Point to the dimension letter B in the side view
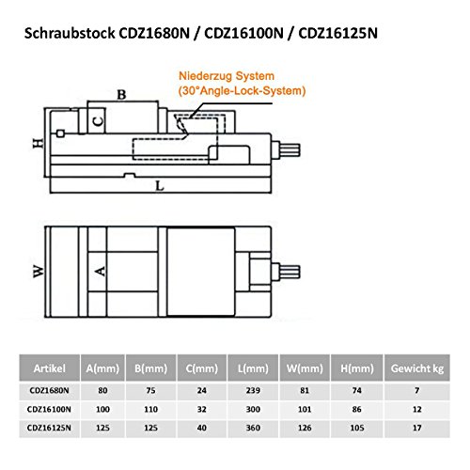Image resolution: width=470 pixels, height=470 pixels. [x=121, y=94]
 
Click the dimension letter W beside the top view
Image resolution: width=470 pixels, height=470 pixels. [x=37, y=272]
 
